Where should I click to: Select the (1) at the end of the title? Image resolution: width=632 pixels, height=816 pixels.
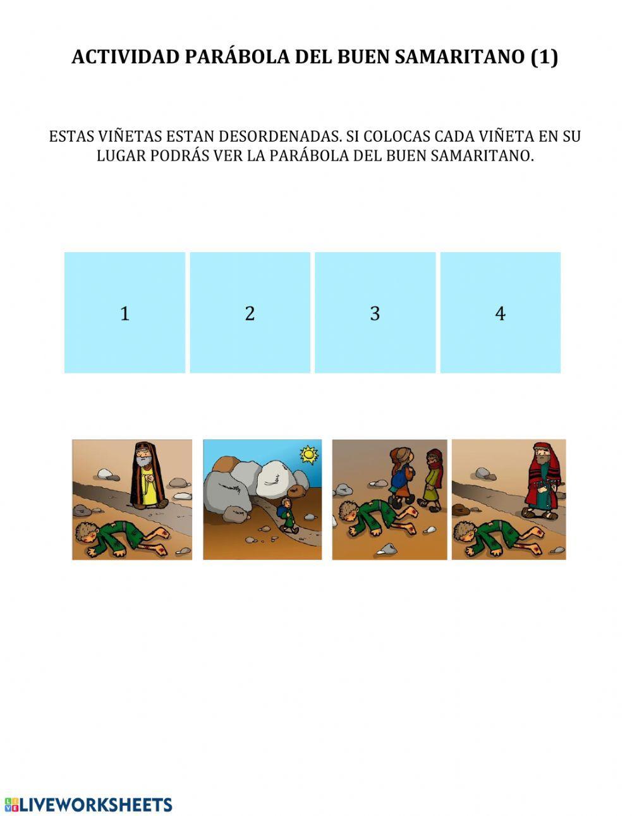(544, 57)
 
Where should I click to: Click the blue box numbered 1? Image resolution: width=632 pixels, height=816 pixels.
(125, 312)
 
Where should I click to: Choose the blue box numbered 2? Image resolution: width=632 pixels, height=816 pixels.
(250, 312)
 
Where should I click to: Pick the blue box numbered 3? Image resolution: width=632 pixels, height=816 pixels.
(375, 312)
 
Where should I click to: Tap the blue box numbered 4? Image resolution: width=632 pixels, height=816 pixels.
(500, 312)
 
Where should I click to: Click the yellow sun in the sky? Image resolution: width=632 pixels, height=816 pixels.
(308, 454)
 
